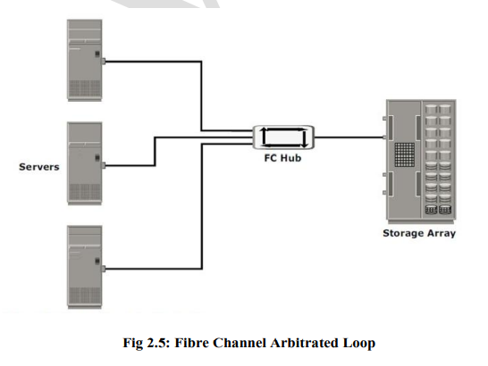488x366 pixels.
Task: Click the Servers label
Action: [39, 167]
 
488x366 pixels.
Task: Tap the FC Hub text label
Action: [282, 158]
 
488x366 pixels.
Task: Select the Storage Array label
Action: [419, 233]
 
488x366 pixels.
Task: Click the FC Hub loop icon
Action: [283, 137]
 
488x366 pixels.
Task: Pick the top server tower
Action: [85, 61]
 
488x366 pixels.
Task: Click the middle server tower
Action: [85, 163]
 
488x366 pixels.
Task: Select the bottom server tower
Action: [85, 268]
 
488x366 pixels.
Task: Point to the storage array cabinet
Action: [421, 161]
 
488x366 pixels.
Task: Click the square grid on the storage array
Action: [405, 154]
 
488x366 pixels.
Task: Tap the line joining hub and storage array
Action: [349, 137]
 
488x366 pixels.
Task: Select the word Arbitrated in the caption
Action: [305, 343]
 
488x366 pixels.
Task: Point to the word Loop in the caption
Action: [359, 344]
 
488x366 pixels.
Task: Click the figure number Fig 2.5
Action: [147, 343]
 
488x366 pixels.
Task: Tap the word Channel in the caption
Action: [240, 343]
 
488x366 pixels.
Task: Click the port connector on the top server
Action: [104, 62]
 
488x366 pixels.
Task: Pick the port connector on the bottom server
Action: [104, 269]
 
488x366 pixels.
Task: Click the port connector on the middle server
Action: [104, 165]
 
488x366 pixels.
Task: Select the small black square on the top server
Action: [97, 54]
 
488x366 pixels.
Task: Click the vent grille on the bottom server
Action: [85, 295]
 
